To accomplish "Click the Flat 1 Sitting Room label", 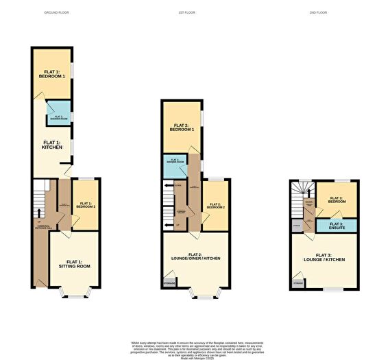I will click(x=74, y=264).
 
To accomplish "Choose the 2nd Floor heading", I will click(x=317, y=13).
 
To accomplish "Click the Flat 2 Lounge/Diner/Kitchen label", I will click(x=194, y=258).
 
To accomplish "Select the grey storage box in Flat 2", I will click(x=169, y=283).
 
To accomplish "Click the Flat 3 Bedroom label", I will click(x=337, y=201).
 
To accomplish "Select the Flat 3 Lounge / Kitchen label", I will click(x=326, y=259).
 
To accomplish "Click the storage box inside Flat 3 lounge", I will click(x=298, y=281).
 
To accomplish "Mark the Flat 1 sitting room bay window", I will click(x=73, y=295).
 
